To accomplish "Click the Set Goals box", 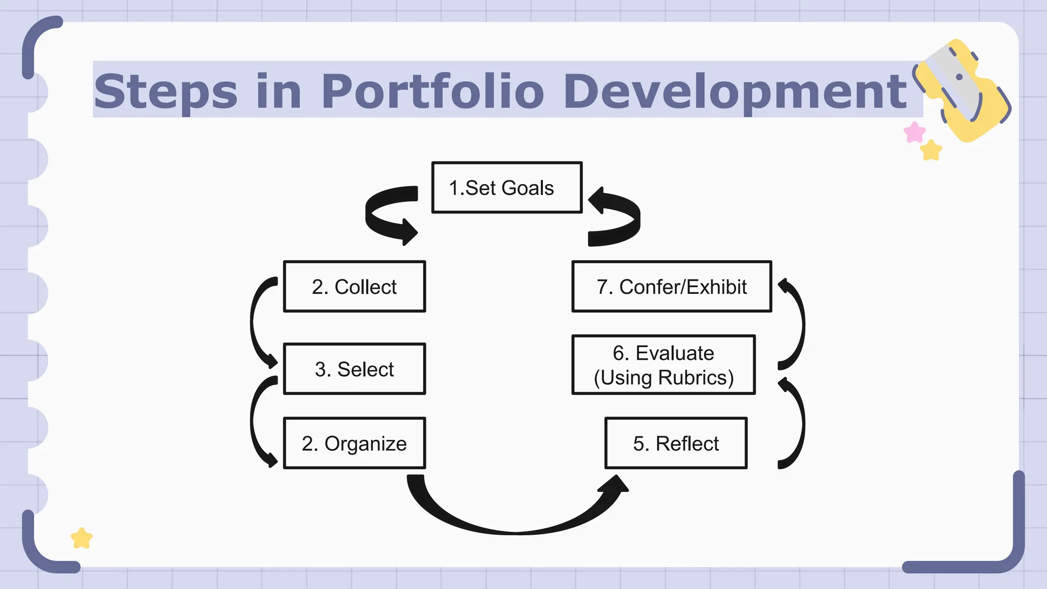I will (x=507, y=188).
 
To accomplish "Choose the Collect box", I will (x=354, y=287).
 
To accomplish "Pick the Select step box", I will (x=354, y=369).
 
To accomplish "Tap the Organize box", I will (x=354, y=443).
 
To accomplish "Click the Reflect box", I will (x=676, y=443).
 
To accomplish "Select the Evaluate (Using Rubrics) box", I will (x=664, y=365).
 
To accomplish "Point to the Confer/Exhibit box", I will (x=672, y=287).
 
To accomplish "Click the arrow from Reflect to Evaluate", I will (x=801, y=424).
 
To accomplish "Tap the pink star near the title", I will (x=914, y=132).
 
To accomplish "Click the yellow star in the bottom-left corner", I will (x=82, y=538).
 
